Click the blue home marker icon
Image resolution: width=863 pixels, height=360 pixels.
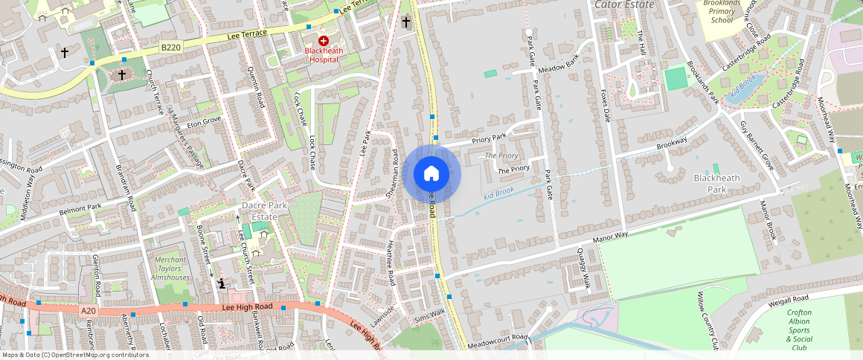431,174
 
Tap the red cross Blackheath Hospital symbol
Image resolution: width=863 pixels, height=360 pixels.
323,40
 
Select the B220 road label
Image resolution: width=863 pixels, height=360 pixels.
170,47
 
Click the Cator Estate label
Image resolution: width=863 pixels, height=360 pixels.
624,4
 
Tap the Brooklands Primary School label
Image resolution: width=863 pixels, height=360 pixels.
722,12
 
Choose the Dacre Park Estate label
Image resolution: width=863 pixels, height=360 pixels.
260,210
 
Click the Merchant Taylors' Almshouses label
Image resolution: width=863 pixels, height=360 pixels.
170,268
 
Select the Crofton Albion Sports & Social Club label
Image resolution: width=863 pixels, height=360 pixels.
799,330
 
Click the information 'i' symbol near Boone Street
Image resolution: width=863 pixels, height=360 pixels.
222,283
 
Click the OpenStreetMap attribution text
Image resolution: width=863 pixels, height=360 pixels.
75,355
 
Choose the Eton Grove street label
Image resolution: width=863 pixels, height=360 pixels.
204,119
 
